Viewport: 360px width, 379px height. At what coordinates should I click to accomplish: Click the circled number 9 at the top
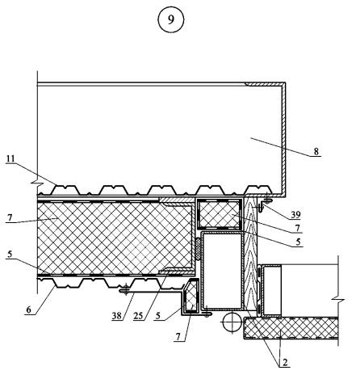tap(171, 19)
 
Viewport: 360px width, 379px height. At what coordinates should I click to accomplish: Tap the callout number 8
tap(316, 151)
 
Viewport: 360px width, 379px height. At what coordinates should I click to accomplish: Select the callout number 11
tap(10, 158)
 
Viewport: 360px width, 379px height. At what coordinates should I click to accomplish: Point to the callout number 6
tap(28, 310)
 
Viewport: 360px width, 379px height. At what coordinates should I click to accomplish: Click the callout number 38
tap(117, 316)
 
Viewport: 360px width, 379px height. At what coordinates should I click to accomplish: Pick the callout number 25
tap(138, 316)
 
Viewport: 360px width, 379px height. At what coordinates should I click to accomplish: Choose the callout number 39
tap(295, 215)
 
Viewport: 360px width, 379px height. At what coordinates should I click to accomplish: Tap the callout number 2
tap(285, 362)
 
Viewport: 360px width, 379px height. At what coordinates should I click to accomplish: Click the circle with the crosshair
tap(232, 322)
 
